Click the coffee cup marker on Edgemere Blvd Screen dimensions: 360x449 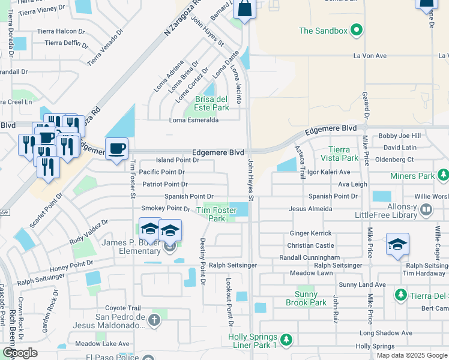coord(116,148)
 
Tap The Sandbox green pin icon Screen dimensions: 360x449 coord(357,30)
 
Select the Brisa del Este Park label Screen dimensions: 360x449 coord(207,103)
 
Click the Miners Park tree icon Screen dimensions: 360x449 coord(443,175)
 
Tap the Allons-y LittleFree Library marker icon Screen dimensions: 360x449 coord(426,210)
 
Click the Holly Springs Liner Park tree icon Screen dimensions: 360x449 coord(286,340)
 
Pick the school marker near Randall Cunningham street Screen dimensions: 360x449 coord(397,244)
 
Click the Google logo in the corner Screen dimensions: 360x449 coord(19,353)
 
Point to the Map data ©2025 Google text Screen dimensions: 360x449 coord(412,355)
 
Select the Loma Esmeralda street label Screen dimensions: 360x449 coord(194,119)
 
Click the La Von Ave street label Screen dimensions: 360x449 coord(370,56)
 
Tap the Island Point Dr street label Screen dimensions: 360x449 coord(177,160)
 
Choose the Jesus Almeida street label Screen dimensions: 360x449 coord(310,209)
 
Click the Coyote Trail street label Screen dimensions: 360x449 coord(122,308)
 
